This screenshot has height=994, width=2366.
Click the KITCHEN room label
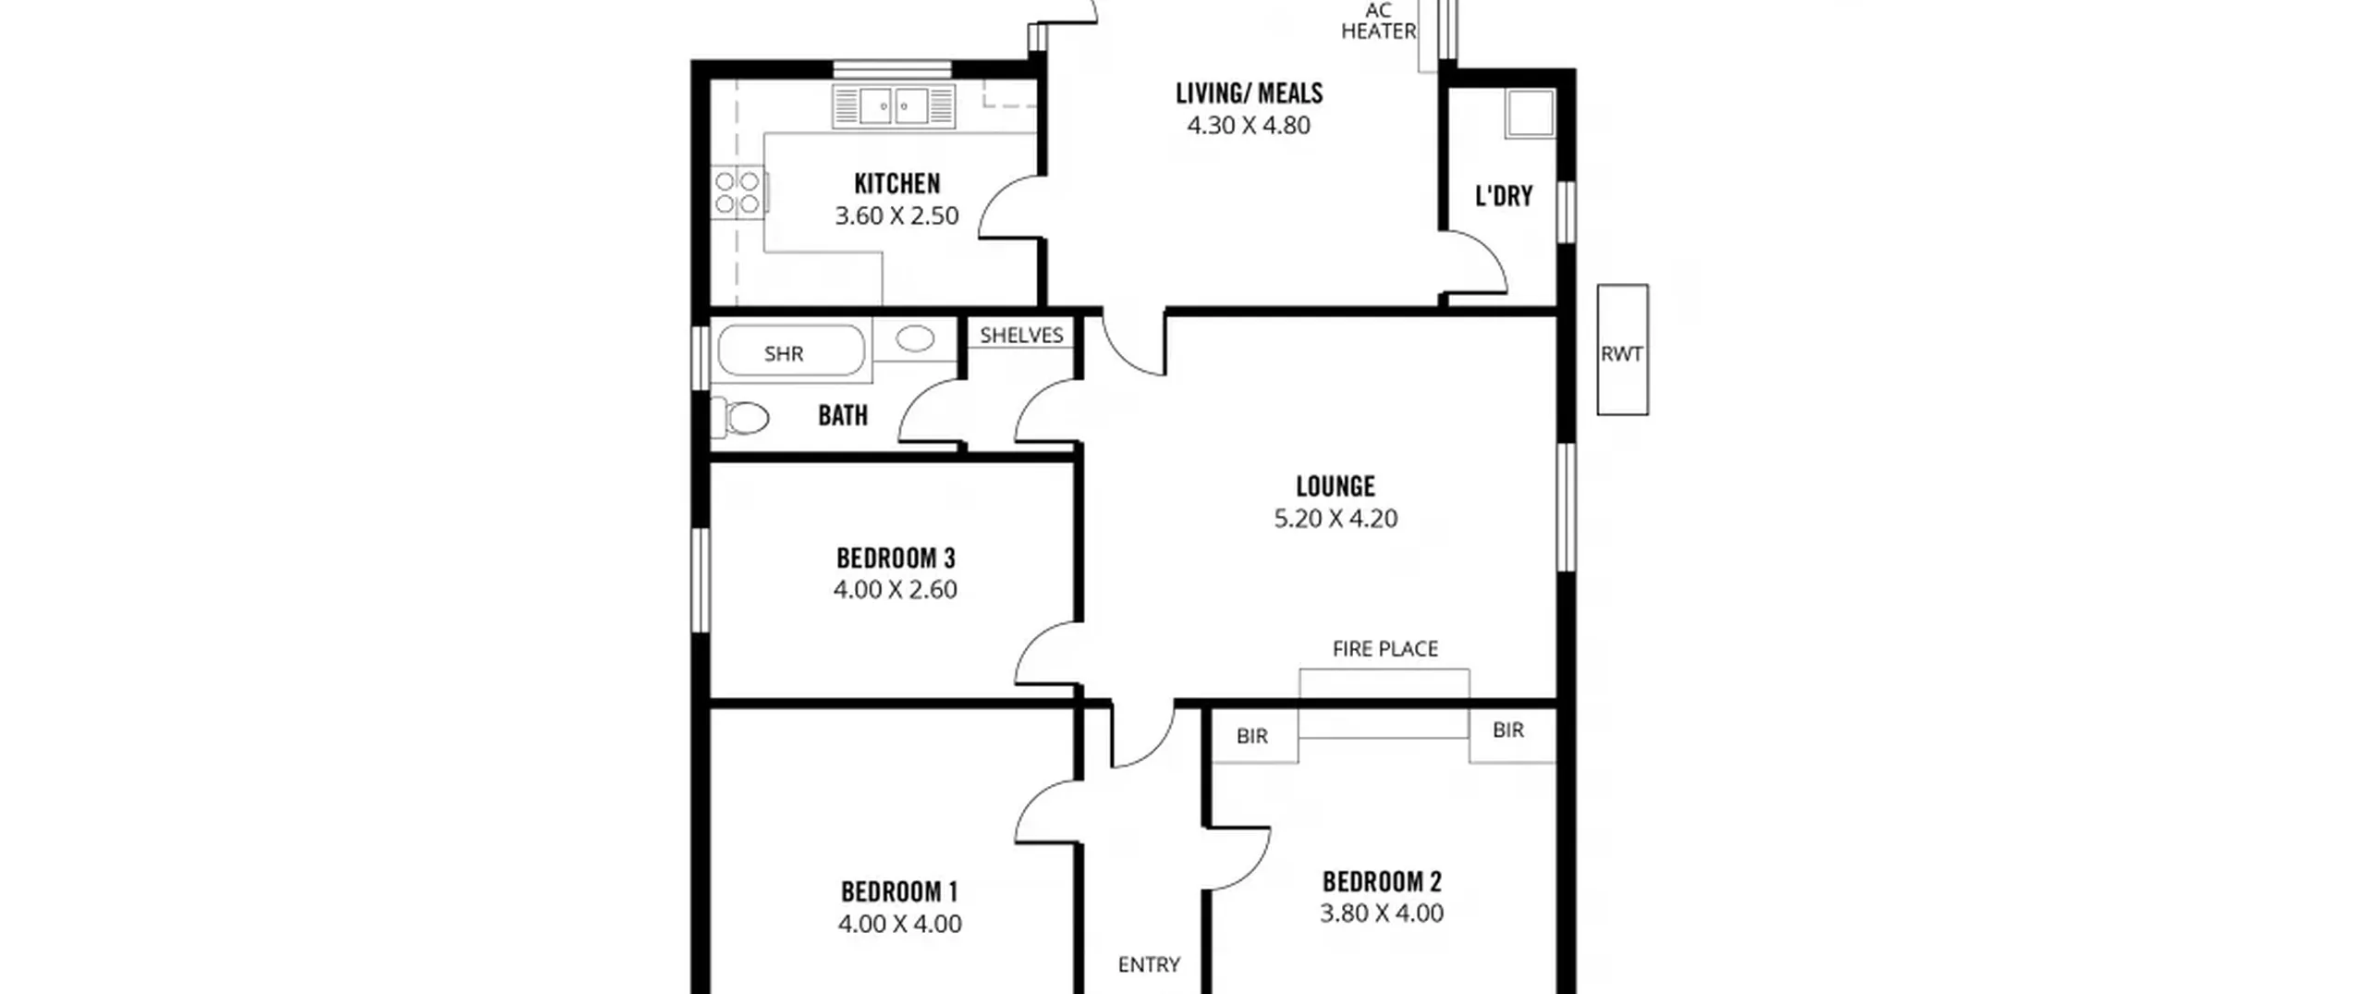point(896,183)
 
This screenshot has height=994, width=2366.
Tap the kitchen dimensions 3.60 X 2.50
point(896,215)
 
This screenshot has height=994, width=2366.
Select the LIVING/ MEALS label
point(1249,92)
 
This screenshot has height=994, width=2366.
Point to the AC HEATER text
point(1378,21)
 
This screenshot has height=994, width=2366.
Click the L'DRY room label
point(1504,196)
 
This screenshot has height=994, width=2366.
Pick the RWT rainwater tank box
point(1622,350)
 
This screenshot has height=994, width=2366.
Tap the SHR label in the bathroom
point(784,353)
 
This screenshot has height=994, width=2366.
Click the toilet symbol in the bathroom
point(739,419)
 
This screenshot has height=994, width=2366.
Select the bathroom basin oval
point(915,338)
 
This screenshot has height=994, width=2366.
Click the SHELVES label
point(1021,335)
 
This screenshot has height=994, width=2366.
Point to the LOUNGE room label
point(1335,485)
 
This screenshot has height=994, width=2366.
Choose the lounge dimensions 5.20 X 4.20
point(1335,518)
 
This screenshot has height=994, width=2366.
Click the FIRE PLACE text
point(1384,649)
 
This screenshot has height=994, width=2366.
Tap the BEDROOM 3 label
point(895,558)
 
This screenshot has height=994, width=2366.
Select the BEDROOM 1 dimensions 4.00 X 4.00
point(899,924)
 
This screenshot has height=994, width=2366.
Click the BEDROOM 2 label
point(1382,881)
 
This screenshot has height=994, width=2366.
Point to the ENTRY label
point(1149,964)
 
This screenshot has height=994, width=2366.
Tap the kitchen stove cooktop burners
point(738,192)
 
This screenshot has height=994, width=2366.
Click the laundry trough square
point(1530,114)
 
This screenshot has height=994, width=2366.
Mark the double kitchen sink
point(894,106)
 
